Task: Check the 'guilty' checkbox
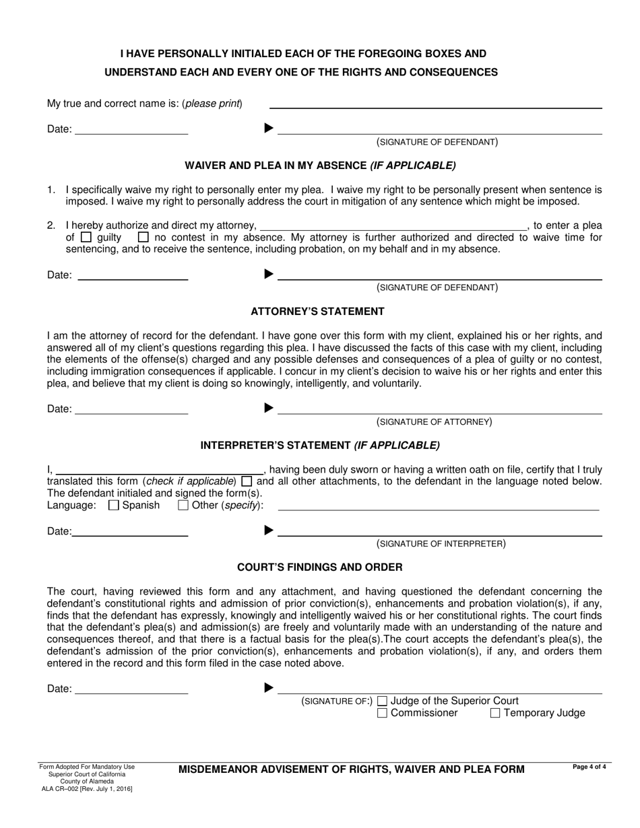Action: tap(86, 238)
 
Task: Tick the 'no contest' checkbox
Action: tap(143, 238)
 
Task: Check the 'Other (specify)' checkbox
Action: tap(183, 506)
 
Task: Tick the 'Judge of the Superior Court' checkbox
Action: tap(383, 701)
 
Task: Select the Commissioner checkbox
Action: tap(383, 714)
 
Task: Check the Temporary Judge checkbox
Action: tap(495, 714)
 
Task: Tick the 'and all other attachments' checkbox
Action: tap(247, 481)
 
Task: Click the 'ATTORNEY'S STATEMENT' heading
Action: tap(317, 312)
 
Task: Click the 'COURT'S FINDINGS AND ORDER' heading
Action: tap(320, 567)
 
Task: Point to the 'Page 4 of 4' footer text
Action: tap(589, 766)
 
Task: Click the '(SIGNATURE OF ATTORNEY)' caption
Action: tap(434, 422)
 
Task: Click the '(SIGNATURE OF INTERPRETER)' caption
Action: tap(441, 544)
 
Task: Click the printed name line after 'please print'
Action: tap(435, 103)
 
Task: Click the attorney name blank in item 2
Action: tap(393, 226)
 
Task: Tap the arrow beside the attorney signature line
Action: tap(269, 408)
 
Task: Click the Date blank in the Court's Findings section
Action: tap(131, 689)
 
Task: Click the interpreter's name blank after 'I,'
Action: tap(160, 469)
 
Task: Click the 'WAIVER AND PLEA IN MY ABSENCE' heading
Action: tap(320, 165)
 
